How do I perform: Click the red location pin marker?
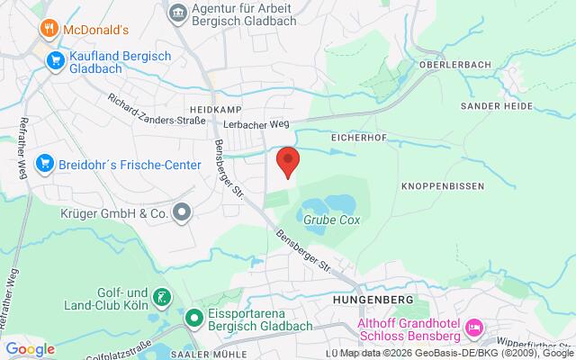click(287, 161)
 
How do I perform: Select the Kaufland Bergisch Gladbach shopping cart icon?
click(56, 61)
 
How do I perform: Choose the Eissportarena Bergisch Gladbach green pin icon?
click(193, 318)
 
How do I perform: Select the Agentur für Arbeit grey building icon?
click(178, 12)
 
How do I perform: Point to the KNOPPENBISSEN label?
click(442, 186)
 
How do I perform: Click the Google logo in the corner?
click(30, 349)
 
